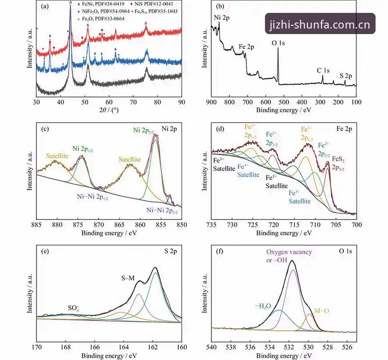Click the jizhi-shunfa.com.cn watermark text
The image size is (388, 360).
pos(320,25)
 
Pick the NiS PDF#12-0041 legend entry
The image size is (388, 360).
pos(152,4)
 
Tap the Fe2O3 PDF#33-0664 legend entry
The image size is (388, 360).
pos(101,19)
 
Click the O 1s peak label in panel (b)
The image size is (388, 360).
pos(278,43)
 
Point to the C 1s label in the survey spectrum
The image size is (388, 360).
pos(323,70)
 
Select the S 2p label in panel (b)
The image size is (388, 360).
pos(346,76)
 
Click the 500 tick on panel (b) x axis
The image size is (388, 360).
pos(284,102)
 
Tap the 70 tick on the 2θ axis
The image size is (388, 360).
pos(133,102)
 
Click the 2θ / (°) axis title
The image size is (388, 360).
pos(109,110)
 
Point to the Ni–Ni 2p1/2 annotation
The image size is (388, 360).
pos(93,197)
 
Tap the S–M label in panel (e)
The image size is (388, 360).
pos(128,278)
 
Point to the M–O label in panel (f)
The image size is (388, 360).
pos(322,311)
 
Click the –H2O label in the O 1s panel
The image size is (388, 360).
pos(263,306)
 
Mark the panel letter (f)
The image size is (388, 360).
pos(219,252)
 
